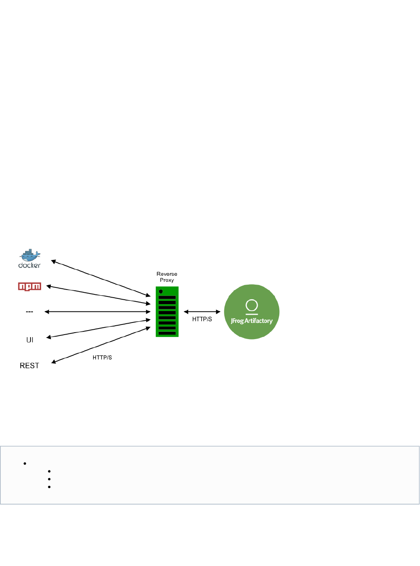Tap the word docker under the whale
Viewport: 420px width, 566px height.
(x=29, y=266)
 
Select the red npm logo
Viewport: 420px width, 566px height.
(x=30, y=287)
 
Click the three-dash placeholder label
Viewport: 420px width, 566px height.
(x=29, y=312)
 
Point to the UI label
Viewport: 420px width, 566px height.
(x=30, y=340)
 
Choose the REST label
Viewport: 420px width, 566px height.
(x=29, y=366)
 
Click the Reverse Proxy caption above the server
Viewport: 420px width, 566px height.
(x=167, y=277)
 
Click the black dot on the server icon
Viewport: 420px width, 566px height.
(x=161, y=292)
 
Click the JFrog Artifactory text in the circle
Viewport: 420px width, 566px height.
(x=252, y=321)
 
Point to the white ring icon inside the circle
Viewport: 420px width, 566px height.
(x=252, y=305)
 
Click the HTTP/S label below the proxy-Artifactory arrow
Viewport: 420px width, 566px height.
(x=202, y=319)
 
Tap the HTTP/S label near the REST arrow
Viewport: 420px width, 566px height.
(x=102, y=357)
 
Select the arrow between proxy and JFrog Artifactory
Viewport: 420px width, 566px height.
(x=202, y=312)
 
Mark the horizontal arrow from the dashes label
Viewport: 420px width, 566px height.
(x=98, y=312)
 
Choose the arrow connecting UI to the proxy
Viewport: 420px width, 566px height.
(x=98, y=329)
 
